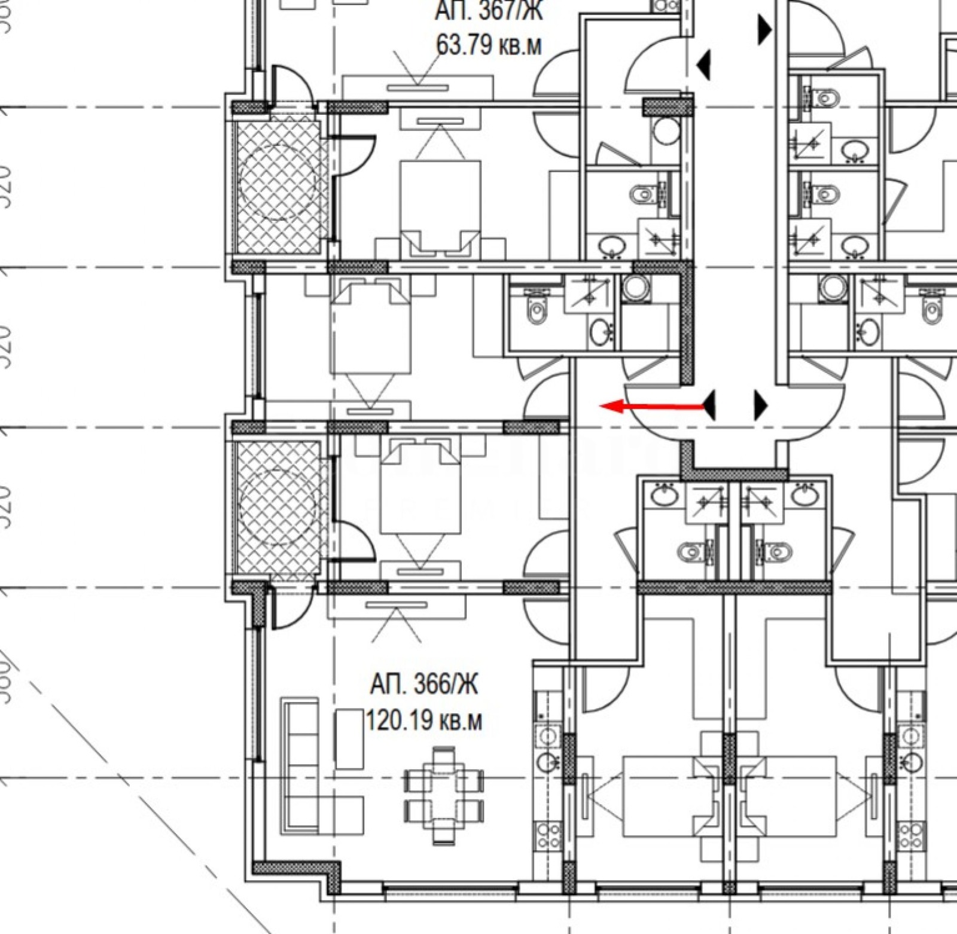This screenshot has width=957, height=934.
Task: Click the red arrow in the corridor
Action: pos(652,407)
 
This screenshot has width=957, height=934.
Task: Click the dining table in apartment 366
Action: pos(444,795)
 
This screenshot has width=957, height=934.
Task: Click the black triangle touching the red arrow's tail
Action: pos(709,406)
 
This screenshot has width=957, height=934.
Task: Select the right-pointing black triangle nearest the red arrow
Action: pos(761,406)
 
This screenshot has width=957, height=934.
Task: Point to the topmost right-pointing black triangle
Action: pos(764,29)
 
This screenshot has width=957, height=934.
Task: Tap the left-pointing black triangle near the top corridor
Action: pos(704,65)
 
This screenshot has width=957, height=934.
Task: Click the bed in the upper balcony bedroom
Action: pos(440,203)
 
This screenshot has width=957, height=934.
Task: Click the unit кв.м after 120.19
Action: pos(461,721)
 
